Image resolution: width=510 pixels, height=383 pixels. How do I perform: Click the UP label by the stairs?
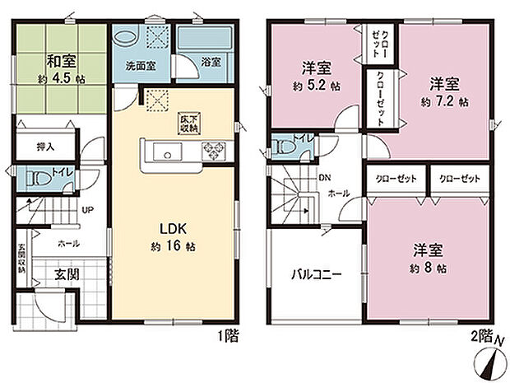click(x=86, y=210)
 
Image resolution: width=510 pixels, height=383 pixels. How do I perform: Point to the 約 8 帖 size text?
click(x=429, y=269)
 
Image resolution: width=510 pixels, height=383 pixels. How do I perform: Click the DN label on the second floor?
click(x=323, y=176)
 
